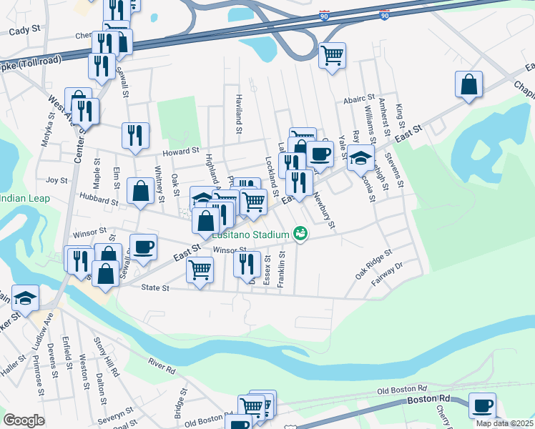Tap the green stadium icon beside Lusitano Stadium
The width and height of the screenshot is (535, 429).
point(300,234)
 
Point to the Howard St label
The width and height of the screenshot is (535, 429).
point(180,151)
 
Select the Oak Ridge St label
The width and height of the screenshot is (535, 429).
point(374,263)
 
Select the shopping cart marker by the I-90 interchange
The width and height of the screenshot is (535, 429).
point(332,54)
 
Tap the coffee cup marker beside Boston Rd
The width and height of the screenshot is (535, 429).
point(482,405)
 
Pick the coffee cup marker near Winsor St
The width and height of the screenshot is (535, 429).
point(143,246)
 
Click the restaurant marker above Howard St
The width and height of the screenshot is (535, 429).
point(135,134)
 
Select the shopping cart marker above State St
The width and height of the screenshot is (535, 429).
point(200,270)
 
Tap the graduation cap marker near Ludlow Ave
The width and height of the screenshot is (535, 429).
point(25,298)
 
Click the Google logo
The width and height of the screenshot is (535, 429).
point(24,420)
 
